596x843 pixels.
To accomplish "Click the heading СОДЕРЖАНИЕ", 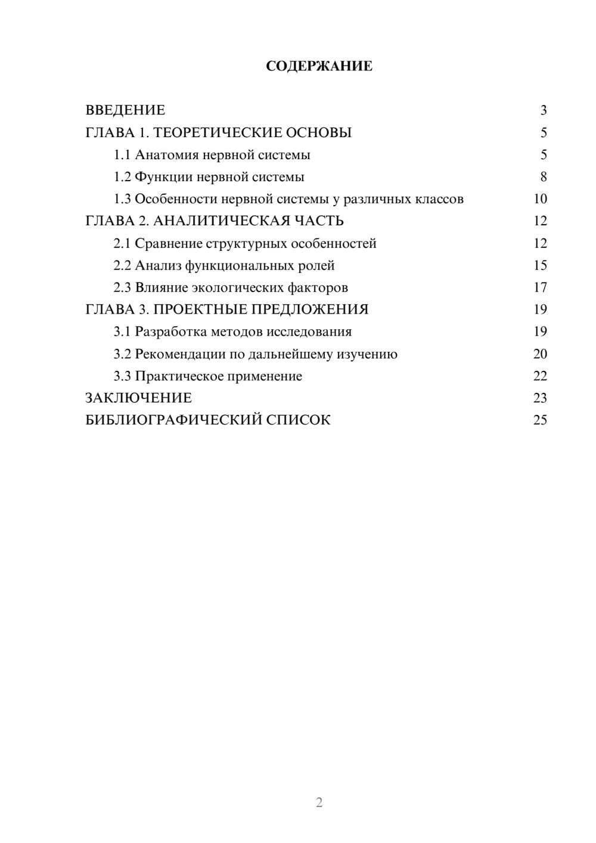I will [x=319, y=66].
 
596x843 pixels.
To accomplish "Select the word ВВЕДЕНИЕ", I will [x=125, y=110].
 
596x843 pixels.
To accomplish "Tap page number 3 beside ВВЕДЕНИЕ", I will [x=543, y=110].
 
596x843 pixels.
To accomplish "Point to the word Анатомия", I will [x=166, y=155].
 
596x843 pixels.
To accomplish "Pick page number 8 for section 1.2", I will [x=543, y=177].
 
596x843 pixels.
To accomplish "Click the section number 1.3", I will [x=122, y=199].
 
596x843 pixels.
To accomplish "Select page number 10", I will [x=540, y=199].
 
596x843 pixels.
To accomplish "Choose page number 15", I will [x=540, y=265].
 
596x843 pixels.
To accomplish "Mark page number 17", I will [x=540, y=287].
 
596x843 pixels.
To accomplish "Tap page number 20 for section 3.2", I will [x=540, y=354].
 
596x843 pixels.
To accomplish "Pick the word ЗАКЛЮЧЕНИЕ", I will [x=138, y=398].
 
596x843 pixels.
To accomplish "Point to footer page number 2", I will [x=319, y=802].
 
